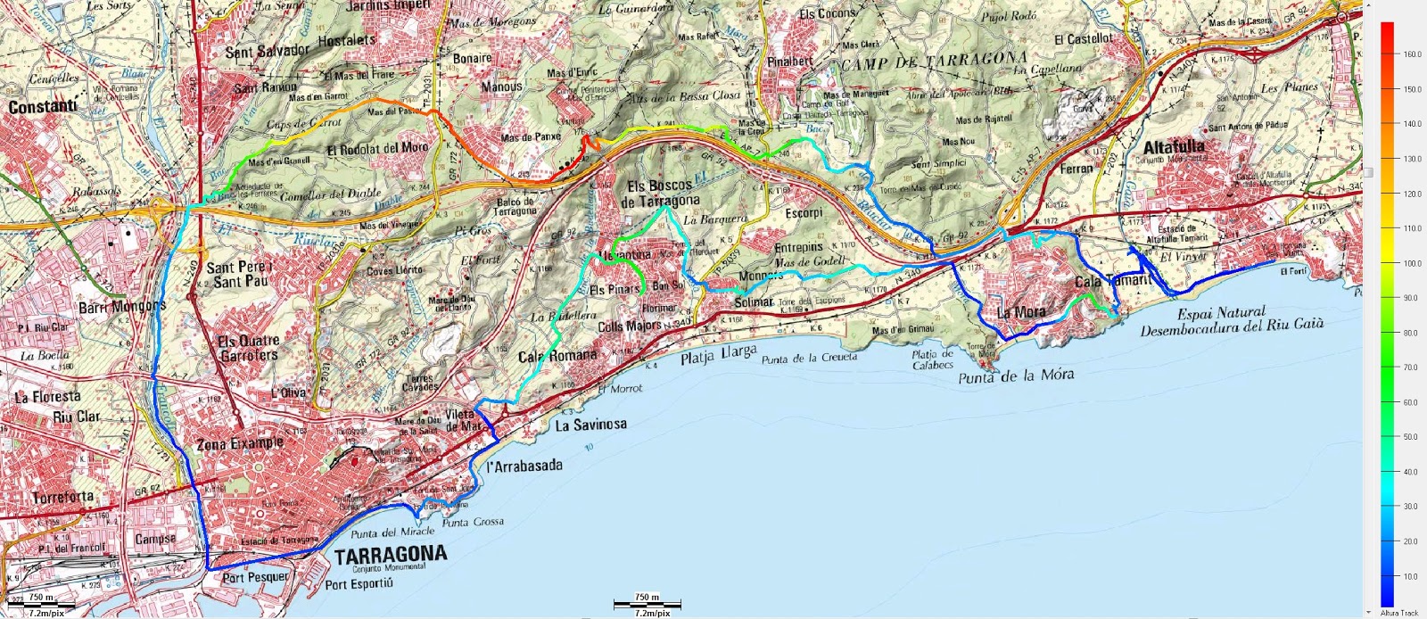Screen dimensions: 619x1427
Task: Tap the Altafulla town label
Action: coord(1174,145)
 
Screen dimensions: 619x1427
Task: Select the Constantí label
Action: coord(42,107)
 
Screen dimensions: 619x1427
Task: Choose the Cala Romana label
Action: coord(558,356)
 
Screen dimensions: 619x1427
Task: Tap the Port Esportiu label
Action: coord(359,585)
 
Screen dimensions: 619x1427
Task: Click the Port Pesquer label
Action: coord(256,577)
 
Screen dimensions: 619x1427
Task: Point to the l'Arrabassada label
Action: coord(524,466)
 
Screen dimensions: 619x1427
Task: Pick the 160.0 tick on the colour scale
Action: coord(1411,54)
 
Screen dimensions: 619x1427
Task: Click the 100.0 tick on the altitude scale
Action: coord(1411,263)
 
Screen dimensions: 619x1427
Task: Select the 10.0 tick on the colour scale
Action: coord(1411,576)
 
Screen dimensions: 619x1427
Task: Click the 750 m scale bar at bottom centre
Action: coord(647,604)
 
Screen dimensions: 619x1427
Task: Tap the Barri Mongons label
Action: coord(123,306)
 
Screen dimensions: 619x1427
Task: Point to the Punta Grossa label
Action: coord(473,523)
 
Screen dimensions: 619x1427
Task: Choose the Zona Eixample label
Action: coord(240,443)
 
